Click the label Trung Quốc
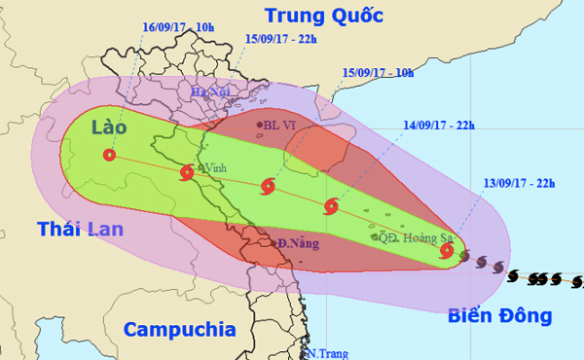pyautogui.click(x=324, y=17)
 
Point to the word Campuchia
pyautogui.click(x=180, y=327)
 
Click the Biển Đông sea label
pyautogui.click(x=500, y=315)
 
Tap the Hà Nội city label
pyautogui.click(x=207, y=91)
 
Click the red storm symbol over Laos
pyautogui.click(x=108, y=155)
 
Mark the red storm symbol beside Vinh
pyautogui.click(x=186, y=173)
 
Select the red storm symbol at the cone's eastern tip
pyautogui.click(x=446, y=251)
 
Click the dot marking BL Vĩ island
pyautogui.click(x=260, y=126)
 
